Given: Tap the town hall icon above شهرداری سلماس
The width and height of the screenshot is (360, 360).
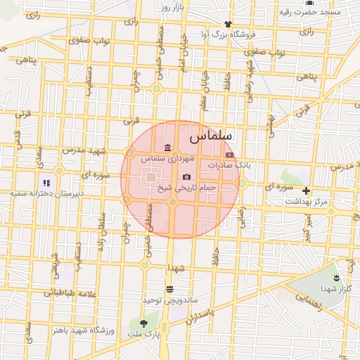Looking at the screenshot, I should click(167, 148).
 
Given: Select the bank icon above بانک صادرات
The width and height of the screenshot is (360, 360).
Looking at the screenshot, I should click(229, 154).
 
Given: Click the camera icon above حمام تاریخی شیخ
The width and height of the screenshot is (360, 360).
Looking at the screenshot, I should click(186, 177).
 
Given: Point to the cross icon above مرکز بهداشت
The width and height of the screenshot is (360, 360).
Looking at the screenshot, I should click(306, 191).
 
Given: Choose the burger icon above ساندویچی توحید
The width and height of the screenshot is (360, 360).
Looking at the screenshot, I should click(169, 289).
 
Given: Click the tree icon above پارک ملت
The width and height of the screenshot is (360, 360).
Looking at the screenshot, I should click(145, 323).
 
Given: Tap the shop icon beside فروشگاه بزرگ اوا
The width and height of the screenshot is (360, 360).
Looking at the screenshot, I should click(227, 23).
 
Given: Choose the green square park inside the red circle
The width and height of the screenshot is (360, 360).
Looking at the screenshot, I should click(151, 179).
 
